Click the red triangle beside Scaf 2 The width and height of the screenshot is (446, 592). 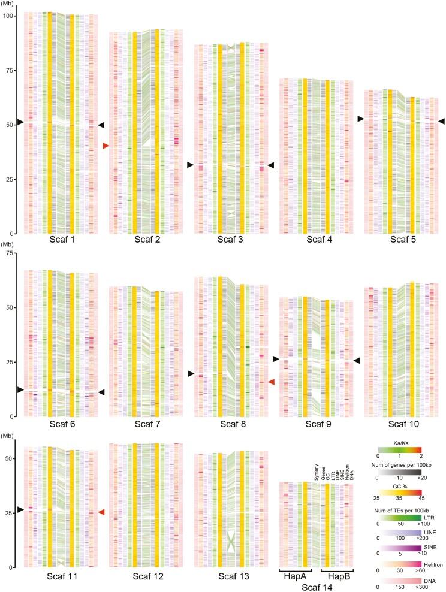pyautogui.click(x=106, y=146)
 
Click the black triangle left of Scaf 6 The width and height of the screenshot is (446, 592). pyautogui.click(x=20, y=389)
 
